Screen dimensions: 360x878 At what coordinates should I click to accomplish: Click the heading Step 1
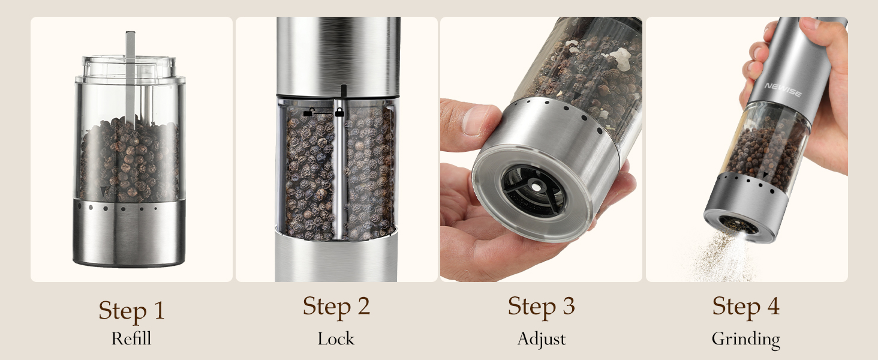[x=131, y=310]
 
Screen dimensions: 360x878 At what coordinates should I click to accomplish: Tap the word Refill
[x=131, y=338]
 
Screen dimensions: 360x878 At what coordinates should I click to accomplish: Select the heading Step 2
[x=336, y=306]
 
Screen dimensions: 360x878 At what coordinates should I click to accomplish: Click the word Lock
[x=336, y=338]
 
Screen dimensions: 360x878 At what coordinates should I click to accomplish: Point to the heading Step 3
[x=541, y=306]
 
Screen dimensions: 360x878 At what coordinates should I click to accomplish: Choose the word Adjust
[x=541, y=339]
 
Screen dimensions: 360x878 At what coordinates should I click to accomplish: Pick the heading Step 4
[x=745, y=306]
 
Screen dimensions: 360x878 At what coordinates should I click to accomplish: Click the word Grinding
[x=745, y=340]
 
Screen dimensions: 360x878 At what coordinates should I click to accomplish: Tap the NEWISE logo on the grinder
[x=783, y=86]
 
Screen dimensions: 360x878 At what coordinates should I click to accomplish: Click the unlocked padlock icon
[x=309, y=112]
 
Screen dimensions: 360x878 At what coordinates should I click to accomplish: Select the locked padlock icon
[x=339, y=112]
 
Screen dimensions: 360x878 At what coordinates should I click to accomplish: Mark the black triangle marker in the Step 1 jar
[x=103, y=191]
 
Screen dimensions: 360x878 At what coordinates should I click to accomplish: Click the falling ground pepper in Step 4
[x=723, y=258]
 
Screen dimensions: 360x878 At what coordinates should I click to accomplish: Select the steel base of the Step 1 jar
[x=129, y=234]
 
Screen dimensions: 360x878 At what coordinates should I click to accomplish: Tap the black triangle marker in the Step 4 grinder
[x=766, y=176]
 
